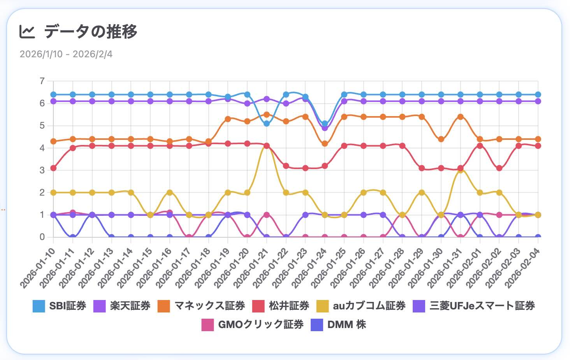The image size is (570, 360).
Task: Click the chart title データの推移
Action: tap(90, 32)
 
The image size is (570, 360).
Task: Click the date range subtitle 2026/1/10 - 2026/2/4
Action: tap(66, 54)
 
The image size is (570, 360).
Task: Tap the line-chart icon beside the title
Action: tap(27, 32)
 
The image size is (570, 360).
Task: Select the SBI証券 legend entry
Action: tap(60, 306)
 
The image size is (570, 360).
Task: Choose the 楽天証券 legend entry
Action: tap(122, 306)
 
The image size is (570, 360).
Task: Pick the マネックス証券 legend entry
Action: tap(201, 306)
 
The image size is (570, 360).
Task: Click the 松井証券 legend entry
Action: tap(281, 306)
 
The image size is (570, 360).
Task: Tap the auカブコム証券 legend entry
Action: tap(361, 306)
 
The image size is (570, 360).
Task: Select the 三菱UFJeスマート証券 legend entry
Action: tap(474, 306)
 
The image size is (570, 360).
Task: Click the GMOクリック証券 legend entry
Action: tap(253, 325)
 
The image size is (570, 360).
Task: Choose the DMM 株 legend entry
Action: tap(339, 325)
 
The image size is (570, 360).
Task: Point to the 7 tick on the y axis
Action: tap(42, 81)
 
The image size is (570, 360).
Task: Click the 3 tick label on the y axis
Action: tap(42, 170)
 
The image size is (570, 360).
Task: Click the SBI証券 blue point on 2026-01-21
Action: tap(267, 124)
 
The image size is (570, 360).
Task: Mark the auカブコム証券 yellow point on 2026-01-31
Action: tap(460, 170)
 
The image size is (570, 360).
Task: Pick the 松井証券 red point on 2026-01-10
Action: tap(53, 168)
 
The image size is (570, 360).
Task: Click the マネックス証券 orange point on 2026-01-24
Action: tap(325, 144)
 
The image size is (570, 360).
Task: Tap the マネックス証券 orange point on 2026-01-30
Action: tap(441, 139)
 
